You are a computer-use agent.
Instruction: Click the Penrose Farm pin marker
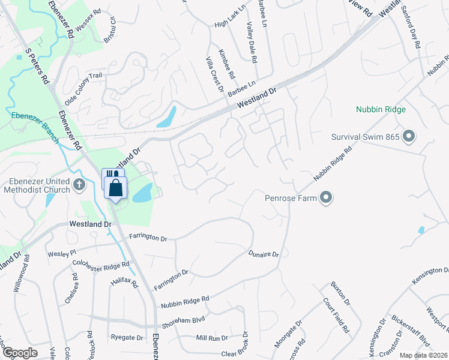tap(326, 197)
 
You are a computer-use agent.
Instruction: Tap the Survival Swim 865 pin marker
tap(409, 137)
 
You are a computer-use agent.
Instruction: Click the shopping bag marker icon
tap(116, 188)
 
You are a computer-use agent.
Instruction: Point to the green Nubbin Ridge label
tap(381, 110)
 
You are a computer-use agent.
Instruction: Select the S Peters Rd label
tap(35, 61)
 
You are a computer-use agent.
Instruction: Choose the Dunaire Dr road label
tap(264, 254)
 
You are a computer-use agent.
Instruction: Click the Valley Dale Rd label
tap(252, 43)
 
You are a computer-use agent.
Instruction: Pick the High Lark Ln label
tap(230, 25)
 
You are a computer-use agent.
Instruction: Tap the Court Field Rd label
tap(336, 316)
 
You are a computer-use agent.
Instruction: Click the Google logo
tap(20, 353)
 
